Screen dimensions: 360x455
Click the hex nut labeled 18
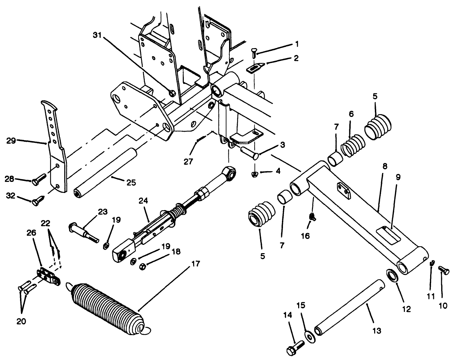(141, 266)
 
